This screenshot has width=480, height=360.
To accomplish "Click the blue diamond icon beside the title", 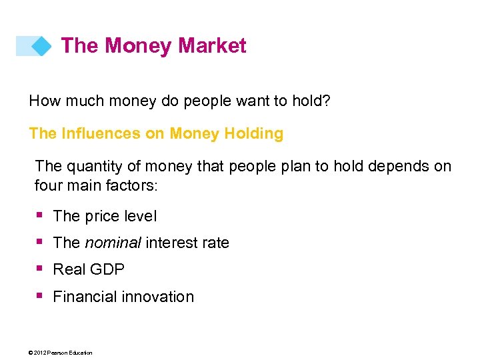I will click(x=41, y=46).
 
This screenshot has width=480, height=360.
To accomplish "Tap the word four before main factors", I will click(x=48, y=185).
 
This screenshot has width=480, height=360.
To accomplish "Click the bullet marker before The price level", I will click(x=40, y=215).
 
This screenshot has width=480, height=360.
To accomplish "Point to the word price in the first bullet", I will click(x=101, y=216).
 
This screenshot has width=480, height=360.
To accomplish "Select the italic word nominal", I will click(x=113, y=243).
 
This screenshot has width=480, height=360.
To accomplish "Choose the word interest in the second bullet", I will click(x=171, y=243).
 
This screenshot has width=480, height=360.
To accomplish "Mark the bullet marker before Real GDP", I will click(x=40, y=269).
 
